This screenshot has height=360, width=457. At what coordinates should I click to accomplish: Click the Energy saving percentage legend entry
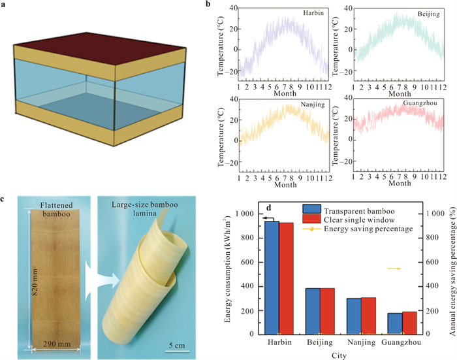click(x=366, y=229)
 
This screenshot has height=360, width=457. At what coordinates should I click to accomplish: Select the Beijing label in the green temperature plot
click(x=421, y=12)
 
